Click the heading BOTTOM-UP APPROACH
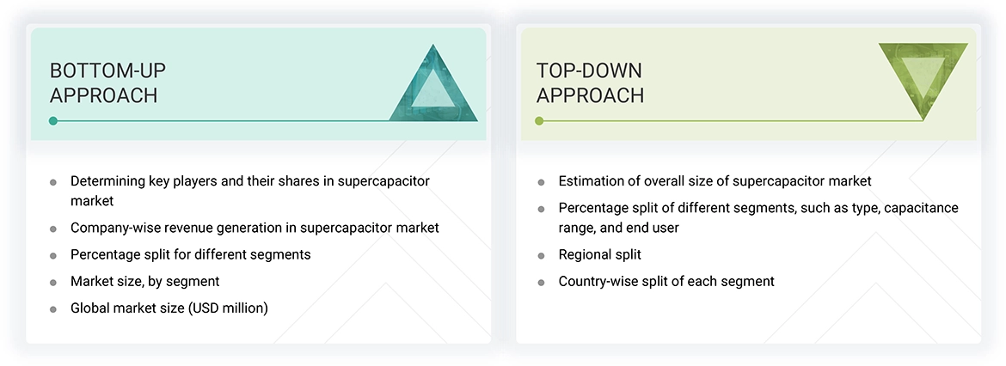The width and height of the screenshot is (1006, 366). point(103,82)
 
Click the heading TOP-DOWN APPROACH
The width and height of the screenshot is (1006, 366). point(590,82)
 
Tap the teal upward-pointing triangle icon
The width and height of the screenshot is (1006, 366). point(434,83)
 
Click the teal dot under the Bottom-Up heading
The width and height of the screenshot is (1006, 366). point(53,121)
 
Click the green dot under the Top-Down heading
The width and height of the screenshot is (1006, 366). point(539,121)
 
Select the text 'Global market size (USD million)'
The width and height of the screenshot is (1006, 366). point(169,308)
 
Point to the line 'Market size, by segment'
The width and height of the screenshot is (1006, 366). point(144,281)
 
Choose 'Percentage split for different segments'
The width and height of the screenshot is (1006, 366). point(190,254)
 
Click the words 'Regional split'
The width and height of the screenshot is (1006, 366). point(599,254)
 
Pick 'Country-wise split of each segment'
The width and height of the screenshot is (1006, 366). point(666,281)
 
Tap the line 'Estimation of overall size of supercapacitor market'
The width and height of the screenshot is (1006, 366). point(715,181)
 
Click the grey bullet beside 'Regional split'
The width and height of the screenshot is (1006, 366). point(541,255)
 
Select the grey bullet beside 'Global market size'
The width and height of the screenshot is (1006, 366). point(53,308)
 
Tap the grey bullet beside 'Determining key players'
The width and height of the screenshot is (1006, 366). point(53,182)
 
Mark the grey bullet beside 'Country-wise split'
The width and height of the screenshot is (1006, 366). point(541,282)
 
